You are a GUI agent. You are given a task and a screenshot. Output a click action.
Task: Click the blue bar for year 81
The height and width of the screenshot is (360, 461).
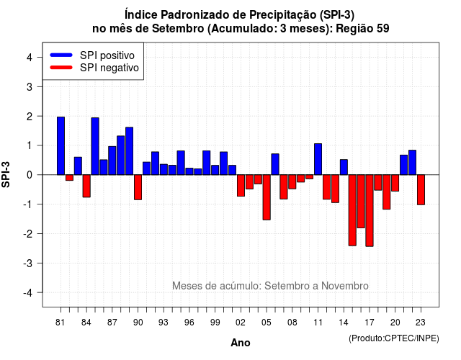61,145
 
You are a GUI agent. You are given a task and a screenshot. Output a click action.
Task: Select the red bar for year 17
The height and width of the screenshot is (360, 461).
370,210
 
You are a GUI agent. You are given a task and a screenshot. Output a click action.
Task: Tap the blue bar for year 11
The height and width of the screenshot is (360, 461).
318,159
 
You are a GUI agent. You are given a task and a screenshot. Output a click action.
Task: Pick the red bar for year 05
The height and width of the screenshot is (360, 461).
267,197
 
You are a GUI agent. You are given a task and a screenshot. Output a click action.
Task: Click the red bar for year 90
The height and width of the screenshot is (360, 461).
138,187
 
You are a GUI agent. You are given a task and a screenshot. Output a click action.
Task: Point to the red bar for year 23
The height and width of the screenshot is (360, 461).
421,189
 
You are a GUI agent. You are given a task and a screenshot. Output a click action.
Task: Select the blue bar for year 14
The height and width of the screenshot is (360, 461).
344,167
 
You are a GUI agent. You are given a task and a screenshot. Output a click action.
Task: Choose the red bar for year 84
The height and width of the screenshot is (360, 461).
86,186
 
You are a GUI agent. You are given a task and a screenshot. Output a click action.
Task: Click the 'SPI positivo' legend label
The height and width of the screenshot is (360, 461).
107,55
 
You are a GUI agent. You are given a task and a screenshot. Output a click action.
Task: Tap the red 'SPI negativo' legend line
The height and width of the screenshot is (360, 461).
61,67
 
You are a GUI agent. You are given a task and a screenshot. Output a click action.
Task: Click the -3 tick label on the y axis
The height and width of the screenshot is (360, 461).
28,263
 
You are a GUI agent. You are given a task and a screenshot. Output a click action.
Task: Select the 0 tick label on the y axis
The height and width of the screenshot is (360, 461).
30,175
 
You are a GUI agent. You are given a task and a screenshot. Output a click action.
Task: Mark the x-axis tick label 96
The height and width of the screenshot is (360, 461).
189,323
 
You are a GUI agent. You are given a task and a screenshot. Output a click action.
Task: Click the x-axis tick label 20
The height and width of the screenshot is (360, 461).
395,323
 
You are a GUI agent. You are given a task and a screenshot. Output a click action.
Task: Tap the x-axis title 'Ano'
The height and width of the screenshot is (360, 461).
241,343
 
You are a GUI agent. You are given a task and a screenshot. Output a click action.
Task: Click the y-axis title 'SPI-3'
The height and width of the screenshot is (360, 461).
6,174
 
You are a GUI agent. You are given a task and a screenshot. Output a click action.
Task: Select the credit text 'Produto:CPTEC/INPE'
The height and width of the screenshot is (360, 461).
394,338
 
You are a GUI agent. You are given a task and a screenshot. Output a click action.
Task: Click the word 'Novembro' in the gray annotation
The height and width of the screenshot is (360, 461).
344,286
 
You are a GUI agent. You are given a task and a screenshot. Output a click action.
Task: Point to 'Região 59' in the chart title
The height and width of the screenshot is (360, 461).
362,29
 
